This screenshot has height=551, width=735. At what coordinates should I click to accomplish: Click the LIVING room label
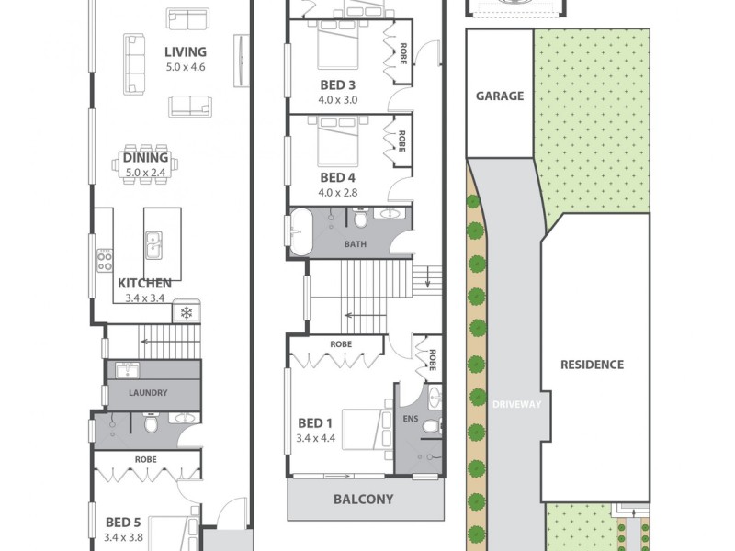[186, 52]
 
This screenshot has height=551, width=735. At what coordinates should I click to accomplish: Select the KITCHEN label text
[144, 284]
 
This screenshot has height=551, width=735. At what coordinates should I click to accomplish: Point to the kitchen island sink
[153, 245]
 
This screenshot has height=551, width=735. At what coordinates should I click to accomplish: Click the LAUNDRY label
[148, 393]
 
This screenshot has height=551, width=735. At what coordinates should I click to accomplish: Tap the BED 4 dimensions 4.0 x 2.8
[338, 193]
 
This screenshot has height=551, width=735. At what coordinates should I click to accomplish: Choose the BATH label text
[356, 245]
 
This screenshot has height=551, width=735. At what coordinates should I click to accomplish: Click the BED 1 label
[315, 423]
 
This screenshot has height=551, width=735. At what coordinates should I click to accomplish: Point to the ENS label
[410, 419]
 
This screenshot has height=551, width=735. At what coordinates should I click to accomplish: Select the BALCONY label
[363, 500]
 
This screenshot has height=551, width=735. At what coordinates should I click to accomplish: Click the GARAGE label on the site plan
[500, 96]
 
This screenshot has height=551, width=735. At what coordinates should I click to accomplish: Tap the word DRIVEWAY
[517, 404]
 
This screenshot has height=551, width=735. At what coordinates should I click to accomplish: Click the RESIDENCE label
[592, 365]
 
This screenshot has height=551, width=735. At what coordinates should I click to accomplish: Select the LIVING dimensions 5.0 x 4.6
[186, 68]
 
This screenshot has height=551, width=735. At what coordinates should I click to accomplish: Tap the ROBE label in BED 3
[402, 51]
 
